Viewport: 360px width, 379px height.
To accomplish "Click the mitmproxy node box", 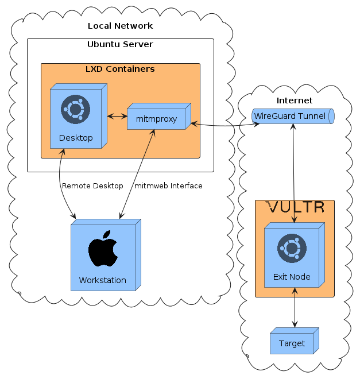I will click(156, 119).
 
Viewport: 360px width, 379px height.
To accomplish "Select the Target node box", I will click(292, 343).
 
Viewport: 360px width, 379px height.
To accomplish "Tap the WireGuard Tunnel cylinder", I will click(292, 116).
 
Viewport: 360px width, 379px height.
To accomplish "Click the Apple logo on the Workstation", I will click(103, 249).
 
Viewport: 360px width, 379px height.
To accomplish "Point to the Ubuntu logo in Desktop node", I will click(76, 110).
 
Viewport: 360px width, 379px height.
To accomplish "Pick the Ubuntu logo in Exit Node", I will click(292, 248).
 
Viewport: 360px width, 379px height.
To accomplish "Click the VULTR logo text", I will click(295, 207).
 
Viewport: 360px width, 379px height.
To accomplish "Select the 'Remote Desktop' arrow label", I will click(92, 185).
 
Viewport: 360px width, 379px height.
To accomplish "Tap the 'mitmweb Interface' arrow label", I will click(168, 185).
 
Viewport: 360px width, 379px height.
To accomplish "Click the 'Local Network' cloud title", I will click(120, 26).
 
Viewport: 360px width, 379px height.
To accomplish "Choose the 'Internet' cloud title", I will click(294, 100).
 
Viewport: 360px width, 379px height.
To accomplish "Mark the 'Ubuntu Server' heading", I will click(120, 44).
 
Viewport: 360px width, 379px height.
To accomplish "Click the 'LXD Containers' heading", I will click(120, 69).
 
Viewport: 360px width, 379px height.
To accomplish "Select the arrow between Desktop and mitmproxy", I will click(117, 117).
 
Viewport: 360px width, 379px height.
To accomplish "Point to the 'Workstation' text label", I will click(102, 280).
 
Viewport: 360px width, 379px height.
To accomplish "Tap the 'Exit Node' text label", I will click(292, 277).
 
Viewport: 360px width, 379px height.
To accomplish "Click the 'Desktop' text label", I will click(76, 138).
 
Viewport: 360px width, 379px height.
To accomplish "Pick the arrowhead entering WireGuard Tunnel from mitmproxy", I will click(250, 123).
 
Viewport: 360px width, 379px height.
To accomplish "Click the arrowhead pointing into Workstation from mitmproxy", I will click(121, 216).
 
